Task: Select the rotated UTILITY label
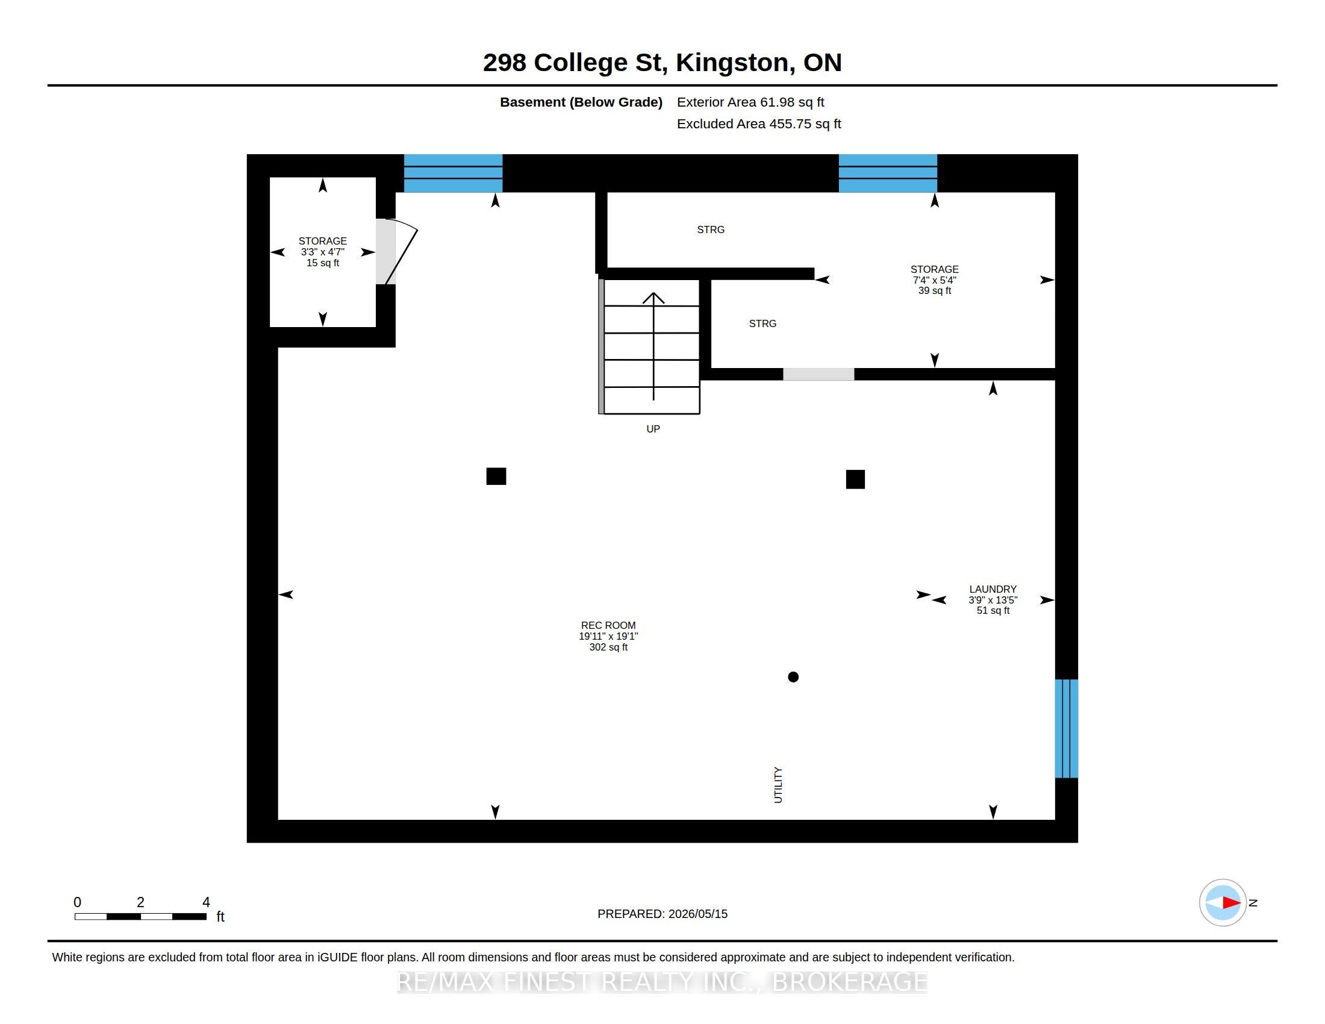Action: [778, 785]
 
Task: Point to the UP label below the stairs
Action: [653, 429]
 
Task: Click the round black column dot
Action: [793, 677]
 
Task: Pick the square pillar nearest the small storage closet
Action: [496, 476]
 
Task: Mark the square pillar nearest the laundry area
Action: [855, 479]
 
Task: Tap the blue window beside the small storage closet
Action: [453, 173]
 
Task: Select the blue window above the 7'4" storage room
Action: [888, 173]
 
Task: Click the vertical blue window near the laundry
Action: [1067, 729]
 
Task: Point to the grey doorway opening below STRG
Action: [818, 374]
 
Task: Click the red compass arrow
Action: [1231, 903]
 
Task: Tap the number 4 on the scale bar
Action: [206, 902]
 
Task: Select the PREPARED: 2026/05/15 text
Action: [662, 914]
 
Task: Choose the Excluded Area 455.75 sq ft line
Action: [759, 123]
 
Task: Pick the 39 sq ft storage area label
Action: [934, 290]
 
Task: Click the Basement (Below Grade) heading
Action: [581, 102]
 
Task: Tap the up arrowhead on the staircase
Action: [653, 298]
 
